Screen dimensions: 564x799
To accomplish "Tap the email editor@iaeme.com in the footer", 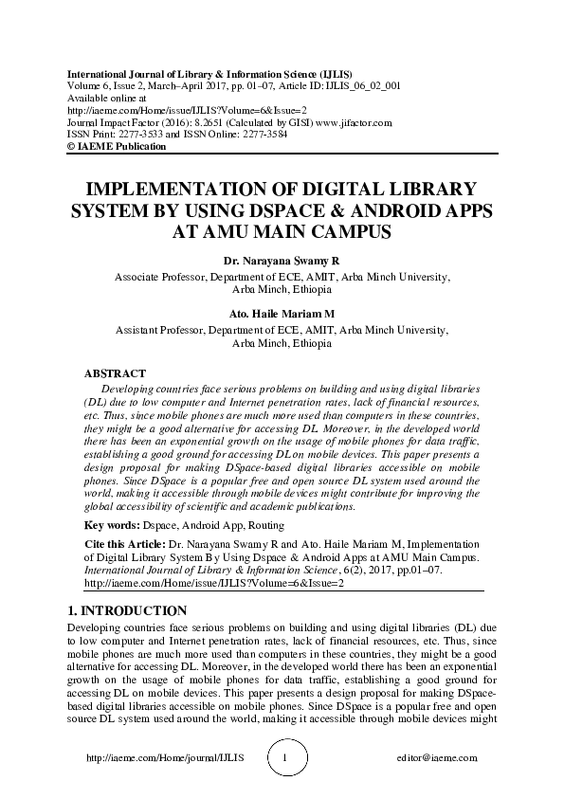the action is point(437,758).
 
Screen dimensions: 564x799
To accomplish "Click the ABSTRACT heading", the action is point(115,373).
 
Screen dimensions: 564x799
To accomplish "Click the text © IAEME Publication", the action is point(116,147).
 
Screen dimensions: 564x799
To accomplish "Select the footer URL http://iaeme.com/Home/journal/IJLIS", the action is point(165,758).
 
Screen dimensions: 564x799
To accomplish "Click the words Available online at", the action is point(106,98).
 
